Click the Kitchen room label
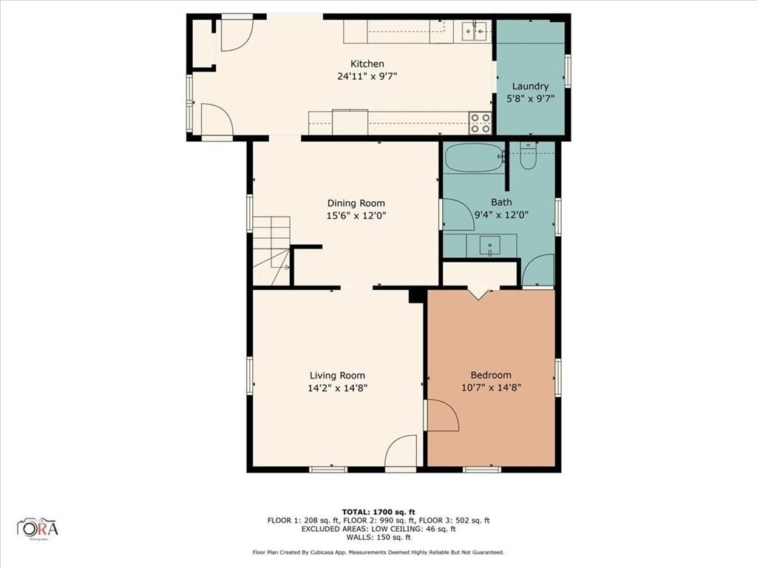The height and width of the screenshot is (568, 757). pyautogui.click(x=367, y=64)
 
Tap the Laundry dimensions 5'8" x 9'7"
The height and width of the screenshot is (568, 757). pyautogui.click(x=530, y=98)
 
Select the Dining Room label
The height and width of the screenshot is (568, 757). pyautogui.click(x=356, y=203)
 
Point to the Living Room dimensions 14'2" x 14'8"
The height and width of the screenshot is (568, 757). pyautogui.click(x=337, y=388)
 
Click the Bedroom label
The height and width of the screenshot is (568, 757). pyautogui.click(x=491, y=375)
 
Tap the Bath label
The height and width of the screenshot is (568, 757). pyautogui.click(x=501, y=203)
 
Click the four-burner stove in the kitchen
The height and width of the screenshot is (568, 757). pyautogui.click(x=481, y=124)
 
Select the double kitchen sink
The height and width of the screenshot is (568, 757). pyautogui.click(x=474, y=31)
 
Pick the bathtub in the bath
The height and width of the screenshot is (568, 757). pyautogui.click(x=473, y=158)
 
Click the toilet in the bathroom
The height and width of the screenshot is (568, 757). pyautogui.click(x=528, y=155)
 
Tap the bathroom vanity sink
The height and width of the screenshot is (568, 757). pyautogui.click(x=490, y=246)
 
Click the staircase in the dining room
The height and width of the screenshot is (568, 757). pyautogui.click(x=271, y=251)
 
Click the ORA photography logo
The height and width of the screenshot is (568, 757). pyautogui.click(x=38, y=528)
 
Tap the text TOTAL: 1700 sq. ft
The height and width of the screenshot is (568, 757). pyautogui.click(x=378, y=512)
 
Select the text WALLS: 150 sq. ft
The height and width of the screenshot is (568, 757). pyautogui.click(x=378, y=537)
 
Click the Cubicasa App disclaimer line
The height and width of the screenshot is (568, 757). pyautogui.click(x=378, y=552)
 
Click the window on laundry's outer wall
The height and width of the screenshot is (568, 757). pyautogui.click(x=568, y=72)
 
